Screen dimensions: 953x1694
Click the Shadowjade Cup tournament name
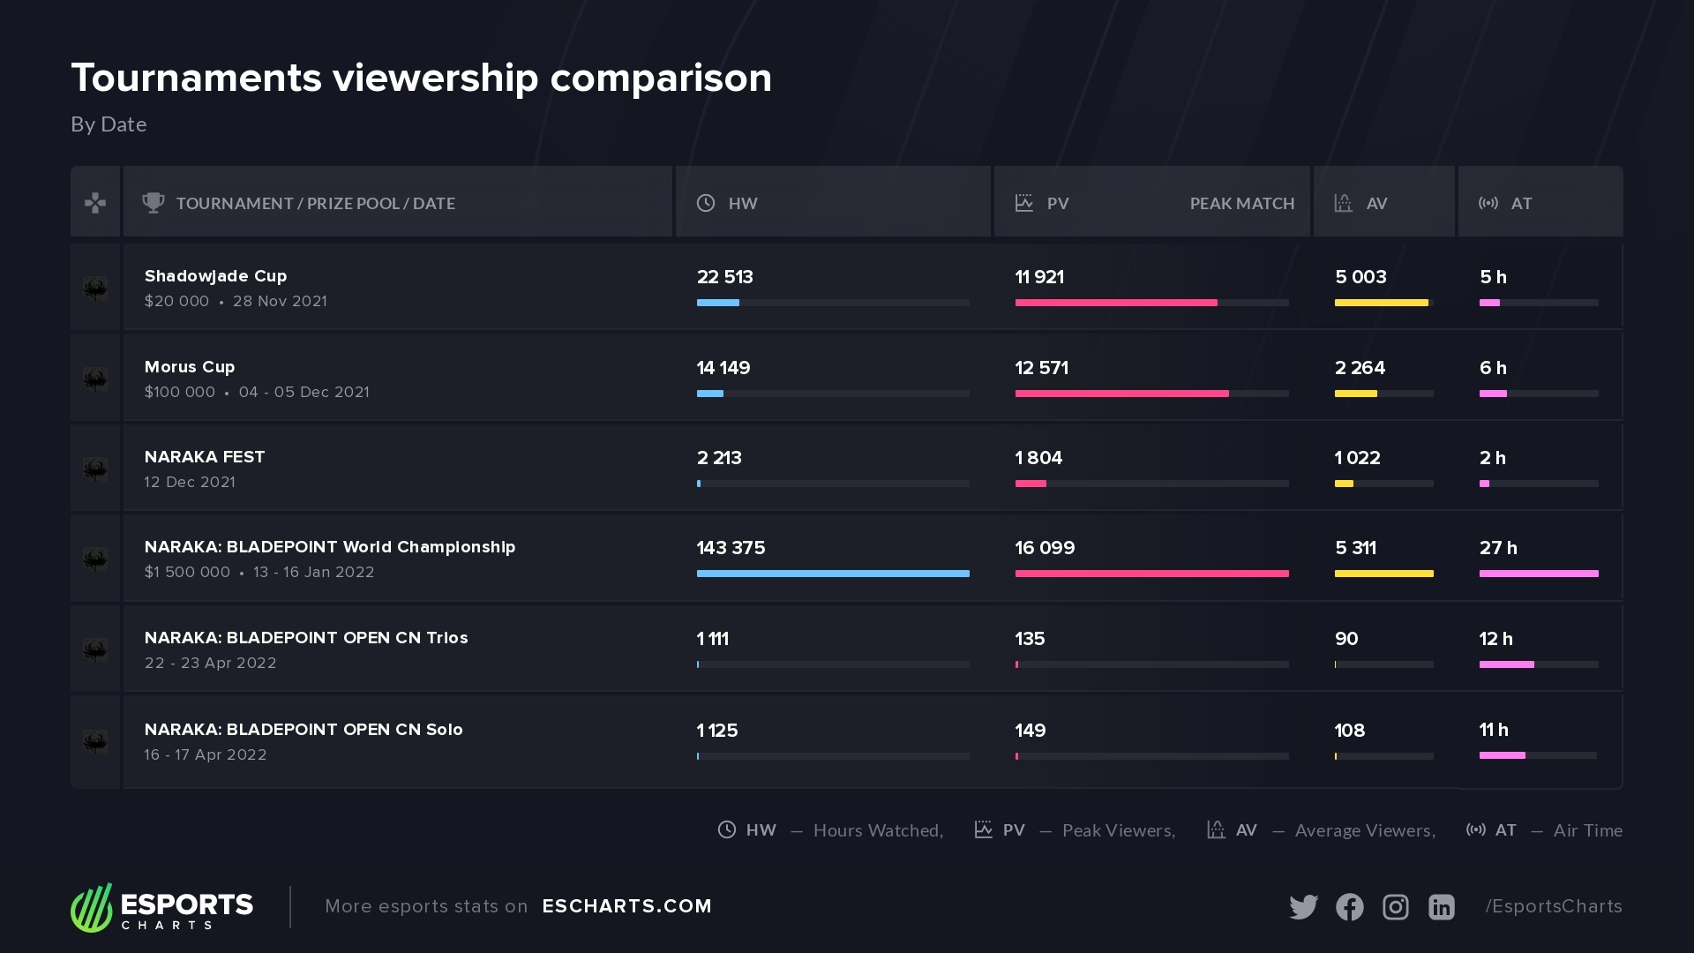(215, 276)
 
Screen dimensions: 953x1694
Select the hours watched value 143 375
(731, 548)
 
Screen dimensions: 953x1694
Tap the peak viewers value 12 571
(1041, 368)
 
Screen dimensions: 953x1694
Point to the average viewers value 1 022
(1357, 458)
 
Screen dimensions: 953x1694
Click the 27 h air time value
(1498, 548)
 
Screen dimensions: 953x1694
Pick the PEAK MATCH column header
(1241, 204)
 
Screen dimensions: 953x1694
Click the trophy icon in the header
(154, 203)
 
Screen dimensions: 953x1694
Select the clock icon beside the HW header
(706, 203)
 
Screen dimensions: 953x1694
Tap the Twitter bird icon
(1303, 906)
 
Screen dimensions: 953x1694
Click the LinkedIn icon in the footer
(1441, 906)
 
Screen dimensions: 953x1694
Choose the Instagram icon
(1395, 906)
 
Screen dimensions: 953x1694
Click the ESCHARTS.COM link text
(626, 906)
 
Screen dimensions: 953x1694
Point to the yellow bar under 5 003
(1381, 303)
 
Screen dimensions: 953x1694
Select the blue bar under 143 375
(832, 574)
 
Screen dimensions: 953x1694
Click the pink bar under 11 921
(1115, 303)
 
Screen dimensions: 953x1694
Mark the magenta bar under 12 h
(1506, 664)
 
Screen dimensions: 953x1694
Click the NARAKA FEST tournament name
(205, 457)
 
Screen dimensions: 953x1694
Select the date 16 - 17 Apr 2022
(206, 754)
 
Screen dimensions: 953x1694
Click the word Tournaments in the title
(196, 78)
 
